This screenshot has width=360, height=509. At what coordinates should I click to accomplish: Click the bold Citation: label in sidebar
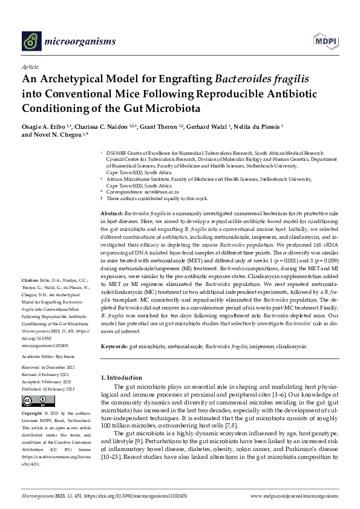click(x=31, y=280)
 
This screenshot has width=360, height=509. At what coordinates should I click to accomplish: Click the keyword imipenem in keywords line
click(x=263, y=346)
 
